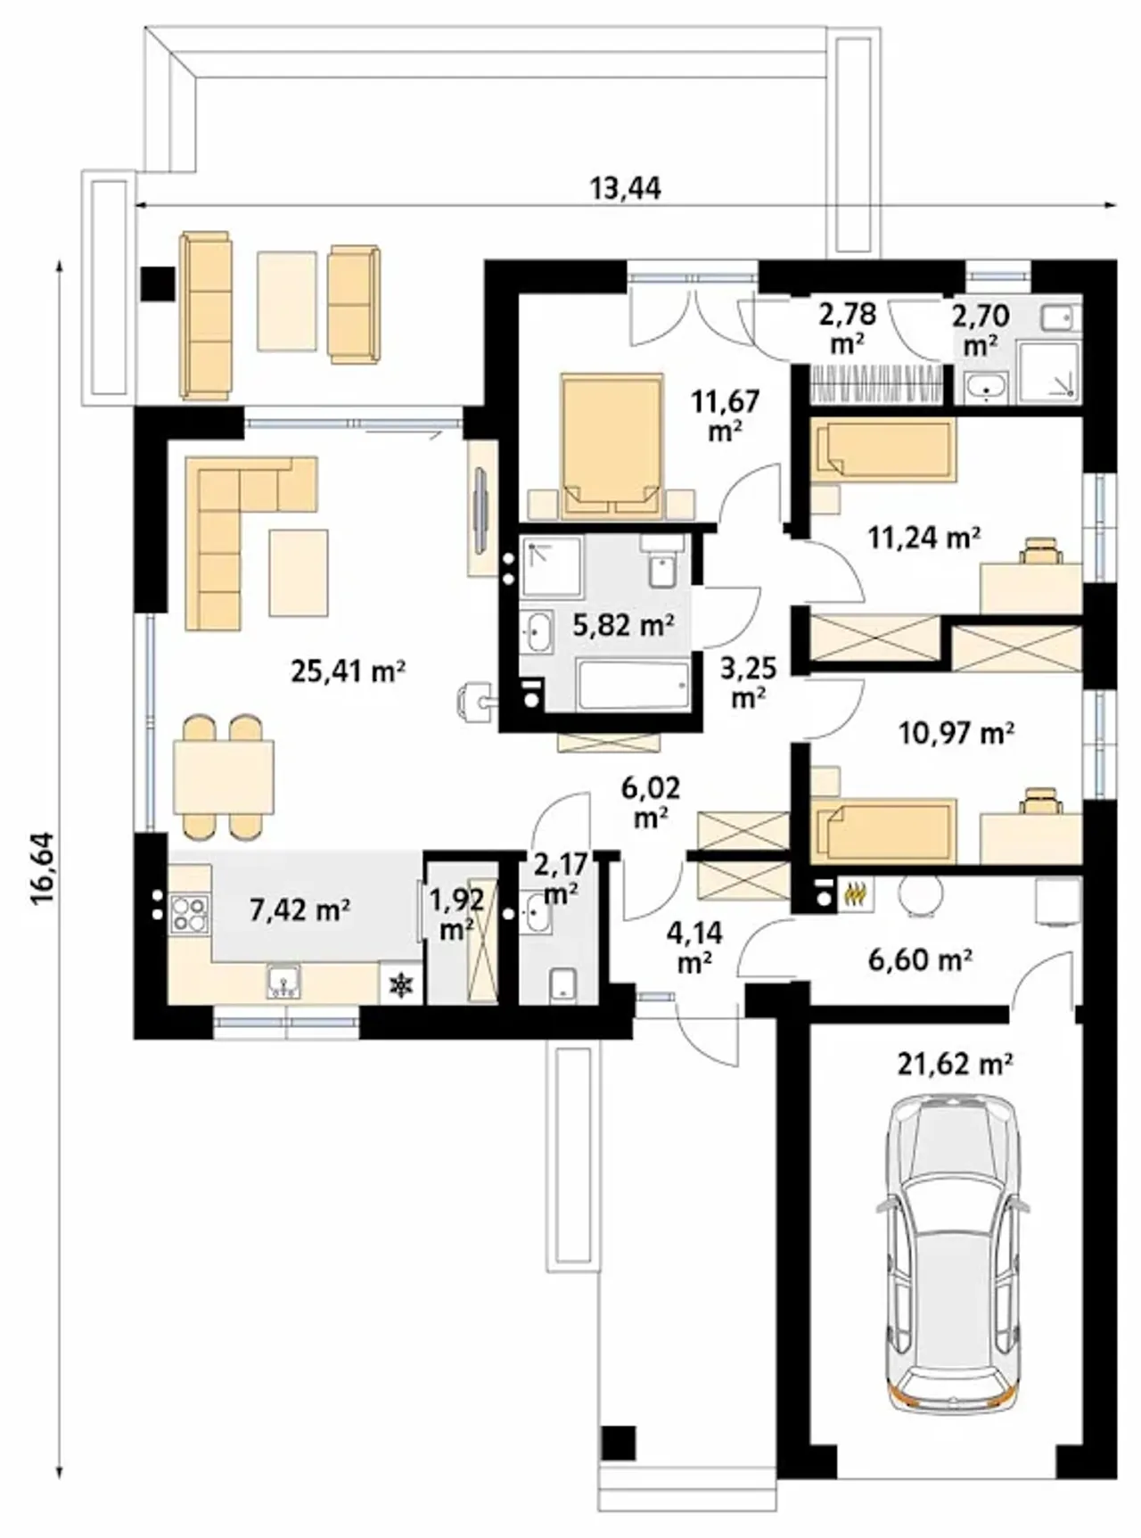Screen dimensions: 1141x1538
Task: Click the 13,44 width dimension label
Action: pyautogui.click(x=626, y=188)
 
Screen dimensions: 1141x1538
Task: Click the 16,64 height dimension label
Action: pyautogui.click(x=42, y=868)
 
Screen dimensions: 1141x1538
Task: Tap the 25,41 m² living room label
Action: pyautogui.click(x=349, y=670)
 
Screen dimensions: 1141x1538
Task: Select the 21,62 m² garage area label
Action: pyautogui.click(x=955, y=1063)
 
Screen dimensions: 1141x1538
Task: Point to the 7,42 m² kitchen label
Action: pyautogui.click(x=300, y=909)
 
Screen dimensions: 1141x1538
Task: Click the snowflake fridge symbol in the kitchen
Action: pyautogui.click(x=402, y=984)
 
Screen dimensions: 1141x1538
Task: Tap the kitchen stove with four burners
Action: pyautogui.click(x=190, y=912)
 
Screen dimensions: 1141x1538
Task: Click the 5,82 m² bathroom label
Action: pyautogui.click(x=623, y=625)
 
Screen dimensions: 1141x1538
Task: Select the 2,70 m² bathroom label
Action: pyautogui.click(x=981, y=330)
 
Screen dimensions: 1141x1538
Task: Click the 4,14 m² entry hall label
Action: pyautogui.click(x=694, y=947)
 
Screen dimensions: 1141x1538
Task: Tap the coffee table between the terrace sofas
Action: pyautogui.click(x=287, y=300)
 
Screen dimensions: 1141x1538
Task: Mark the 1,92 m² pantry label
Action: pyautogui.click(x=457, y=912)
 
